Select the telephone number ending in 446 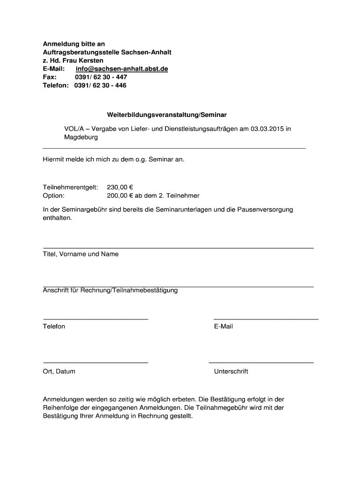click(x=100, y=86)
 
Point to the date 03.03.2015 click(x=267, y=129)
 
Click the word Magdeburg click(x=81, y=138)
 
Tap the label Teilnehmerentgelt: click(x=70, y=187)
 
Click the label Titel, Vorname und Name click(x=80, y=254)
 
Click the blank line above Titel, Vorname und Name click(x=178, y=248)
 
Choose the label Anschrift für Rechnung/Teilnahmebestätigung click(x=110, y=290)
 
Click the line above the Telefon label click(x=95, y=319)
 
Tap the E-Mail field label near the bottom click(x=223, y=327)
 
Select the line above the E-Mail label click(x=266, y=319)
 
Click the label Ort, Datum click(x=59, y=371)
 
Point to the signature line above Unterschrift click(x=261, y=363)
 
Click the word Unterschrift click(x=231, y=371)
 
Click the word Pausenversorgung click(x=260, y=210)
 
